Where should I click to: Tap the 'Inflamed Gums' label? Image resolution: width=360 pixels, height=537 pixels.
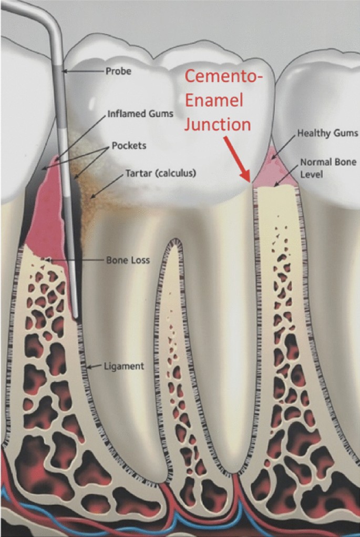[x=140, y=114]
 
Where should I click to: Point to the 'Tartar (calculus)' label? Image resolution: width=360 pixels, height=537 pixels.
[x=160, y=173]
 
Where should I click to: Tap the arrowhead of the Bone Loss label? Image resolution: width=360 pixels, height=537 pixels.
[x=48, y=260]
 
